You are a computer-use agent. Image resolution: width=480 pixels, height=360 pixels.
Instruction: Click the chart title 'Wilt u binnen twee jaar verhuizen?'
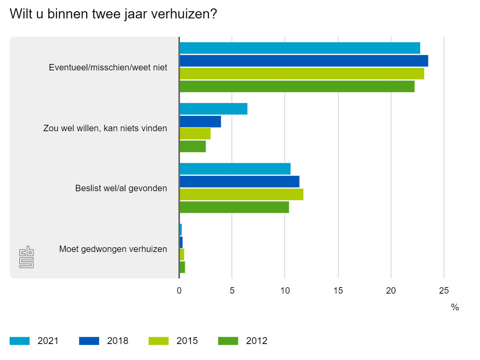(x=113, y=14)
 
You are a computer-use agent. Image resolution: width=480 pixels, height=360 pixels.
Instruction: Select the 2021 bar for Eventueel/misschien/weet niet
(x=300, y=48)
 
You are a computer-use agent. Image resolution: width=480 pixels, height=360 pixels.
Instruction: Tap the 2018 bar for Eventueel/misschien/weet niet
(x=304, y=61)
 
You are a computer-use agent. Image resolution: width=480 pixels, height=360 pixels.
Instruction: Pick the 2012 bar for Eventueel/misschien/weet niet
(x=297, y=86)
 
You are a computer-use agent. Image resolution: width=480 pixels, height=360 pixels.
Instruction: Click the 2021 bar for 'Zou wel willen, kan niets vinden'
(x=213, y=109)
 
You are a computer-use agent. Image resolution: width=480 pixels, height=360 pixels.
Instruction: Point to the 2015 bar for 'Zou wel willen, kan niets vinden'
(x=195, y=134)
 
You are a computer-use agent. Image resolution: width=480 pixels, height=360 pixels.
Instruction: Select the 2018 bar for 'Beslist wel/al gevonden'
(x=239, y=182)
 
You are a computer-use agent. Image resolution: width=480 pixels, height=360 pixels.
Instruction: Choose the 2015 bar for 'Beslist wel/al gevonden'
(x=241, y=194)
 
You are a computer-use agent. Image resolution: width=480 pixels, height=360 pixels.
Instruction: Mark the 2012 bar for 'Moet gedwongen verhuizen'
(x=182, y=267)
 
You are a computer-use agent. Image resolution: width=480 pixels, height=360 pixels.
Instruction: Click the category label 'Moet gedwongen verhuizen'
(x=113, y=249)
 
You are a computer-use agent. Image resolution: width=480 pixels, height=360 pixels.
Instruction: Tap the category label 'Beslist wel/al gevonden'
(x=121, y=188)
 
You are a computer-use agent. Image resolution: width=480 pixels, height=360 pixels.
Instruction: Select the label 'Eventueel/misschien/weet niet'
(x=108, y=67)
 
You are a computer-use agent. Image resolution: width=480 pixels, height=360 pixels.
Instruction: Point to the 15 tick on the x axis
(x=338, y=291)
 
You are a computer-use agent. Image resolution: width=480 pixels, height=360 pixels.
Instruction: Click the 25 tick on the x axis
(x=444, y=291)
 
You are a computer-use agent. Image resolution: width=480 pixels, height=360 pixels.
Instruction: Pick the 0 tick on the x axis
(x=179, y=291)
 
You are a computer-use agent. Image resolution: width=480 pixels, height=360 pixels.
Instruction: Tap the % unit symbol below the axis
(x=455, y=308)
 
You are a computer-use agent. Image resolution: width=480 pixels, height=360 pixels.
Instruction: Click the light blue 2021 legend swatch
(x=20, y=341)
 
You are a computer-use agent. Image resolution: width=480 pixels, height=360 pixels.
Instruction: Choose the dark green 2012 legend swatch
(x=228, y=341)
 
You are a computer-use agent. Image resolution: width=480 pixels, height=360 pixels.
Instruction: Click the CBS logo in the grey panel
(x=26, y=257)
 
